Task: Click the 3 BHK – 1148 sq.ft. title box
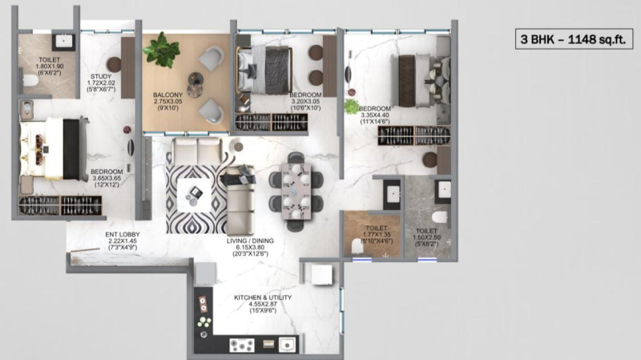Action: [574, 38]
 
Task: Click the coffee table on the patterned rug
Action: [195, 193]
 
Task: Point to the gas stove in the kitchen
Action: [242, 345]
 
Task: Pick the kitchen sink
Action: [286, 344]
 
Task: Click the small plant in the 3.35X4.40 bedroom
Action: [350, 106]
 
